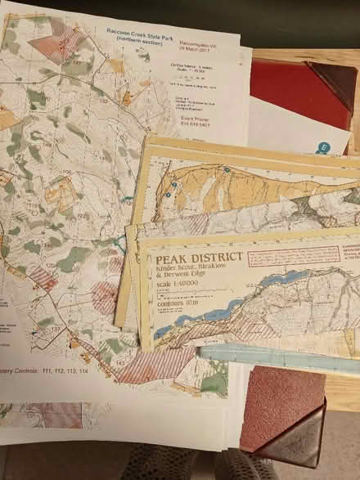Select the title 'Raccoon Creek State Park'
[x=141, y=31]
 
